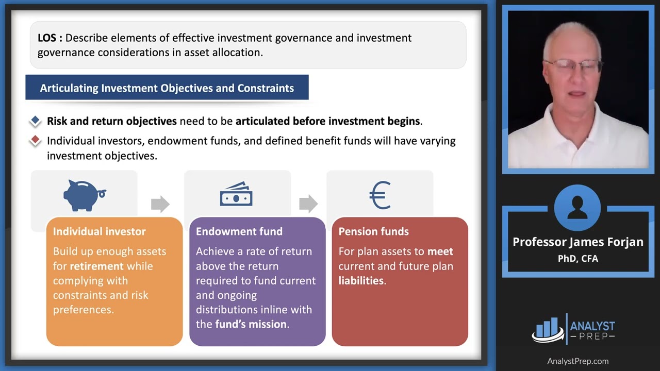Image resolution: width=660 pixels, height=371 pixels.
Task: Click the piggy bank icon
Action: (x=84, y=195)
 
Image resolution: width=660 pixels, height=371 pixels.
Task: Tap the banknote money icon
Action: (x=236, y=194)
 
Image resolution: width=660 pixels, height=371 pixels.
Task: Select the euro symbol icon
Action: (x=380, y=195)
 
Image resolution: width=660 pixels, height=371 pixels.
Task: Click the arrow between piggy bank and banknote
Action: (x=160, y=204)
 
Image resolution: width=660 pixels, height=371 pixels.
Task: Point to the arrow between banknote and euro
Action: (x=308, y=204)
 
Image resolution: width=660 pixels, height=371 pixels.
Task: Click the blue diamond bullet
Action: (x=35, y=121)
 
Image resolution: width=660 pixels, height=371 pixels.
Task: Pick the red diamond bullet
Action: (x=35, y=140)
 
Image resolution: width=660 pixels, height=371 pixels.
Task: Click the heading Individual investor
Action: (x=99, y=231)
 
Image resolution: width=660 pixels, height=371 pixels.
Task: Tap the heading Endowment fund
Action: (x=239, y=231)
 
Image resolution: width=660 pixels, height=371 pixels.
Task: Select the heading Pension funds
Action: (x=373, y=231)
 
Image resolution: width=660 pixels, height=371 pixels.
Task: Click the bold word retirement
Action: (x=97, y=266)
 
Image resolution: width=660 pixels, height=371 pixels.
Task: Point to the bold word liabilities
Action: (x=361, y=281)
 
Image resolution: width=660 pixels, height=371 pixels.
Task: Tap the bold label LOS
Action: (x=50, y=38)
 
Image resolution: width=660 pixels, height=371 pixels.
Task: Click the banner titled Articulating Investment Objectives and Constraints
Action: (x=167, y=88)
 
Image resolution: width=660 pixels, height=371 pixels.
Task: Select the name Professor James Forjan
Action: (x=577, y=242)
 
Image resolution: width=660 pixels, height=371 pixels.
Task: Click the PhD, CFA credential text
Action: (x=577, y=258)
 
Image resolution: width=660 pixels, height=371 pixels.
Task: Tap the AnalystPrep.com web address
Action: (x=577, y=361)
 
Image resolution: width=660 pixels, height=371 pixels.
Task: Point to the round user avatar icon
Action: (x=577, y=208)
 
